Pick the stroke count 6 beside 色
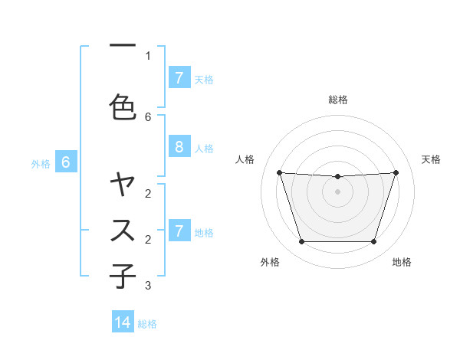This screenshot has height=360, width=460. (x=148, y=116)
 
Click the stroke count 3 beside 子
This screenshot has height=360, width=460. (x=148, y=286)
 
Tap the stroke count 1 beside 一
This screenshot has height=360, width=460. (x=148, y=55)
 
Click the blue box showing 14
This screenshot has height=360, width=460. (x=123, y=322)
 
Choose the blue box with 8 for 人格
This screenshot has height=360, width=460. (x=179, y=147)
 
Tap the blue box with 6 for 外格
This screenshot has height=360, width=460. (x=66, y=162)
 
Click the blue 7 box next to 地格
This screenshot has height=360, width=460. (x=179, y=231)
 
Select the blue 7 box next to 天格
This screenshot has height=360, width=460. (x=179, y=78)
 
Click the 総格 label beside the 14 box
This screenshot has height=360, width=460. (x=147, y=324)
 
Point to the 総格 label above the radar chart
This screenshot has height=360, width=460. (x=338, y=100)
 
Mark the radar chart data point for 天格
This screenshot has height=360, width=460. (x=396, y=172)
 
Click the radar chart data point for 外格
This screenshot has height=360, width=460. (x=301, y=242)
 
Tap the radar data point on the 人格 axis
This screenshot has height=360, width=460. (x=280, y=172)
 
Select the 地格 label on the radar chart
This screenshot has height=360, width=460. (x=402, y=262)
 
